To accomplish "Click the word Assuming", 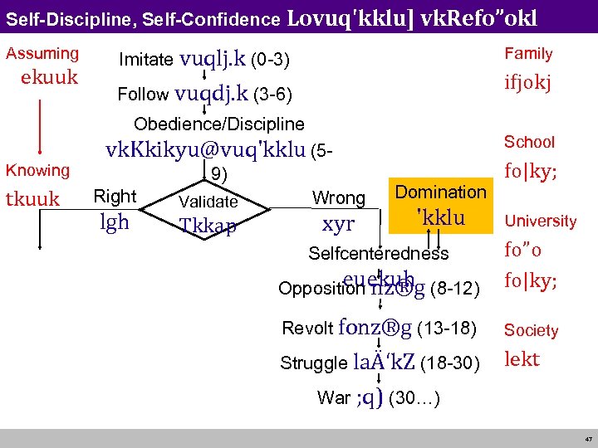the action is pyautogui.click(x=42, y=54).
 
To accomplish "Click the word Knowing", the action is pyautogui.click(x=37, y=170).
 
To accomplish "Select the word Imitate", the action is pyautogui.click(x=146, y=60).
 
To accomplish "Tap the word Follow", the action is pyautogui.click(x=143, y=95).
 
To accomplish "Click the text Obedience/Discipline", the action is pyautogui.click(x=219, y=124).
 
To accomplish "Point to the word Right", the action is pyautogui.click(x=115, y=197).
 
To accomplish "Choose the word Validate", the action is pyautogui.click(x=208, y=202).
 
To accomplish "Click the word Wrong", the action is pyautogui.click(x=338, y=198).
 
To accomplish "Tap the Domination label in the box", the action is pyautogui.click(x=440, y=192).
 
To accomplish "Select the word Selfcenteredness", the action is pyautogui.click(x=378, y=254).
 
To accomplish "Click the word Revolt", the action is pyautogui.click(x=307, y=329).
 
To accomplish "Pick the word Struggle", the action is pyautogui.click(x=314, y=363).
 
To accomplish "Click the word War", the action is pyautogui.click(x=334, y=397).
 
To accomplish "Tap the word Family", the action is pyautogui.click(x=528, y=54).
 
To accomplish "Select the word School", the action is pyautogui.click(x=529, y=142).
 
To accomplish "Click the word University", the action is pyautogui.click(x=540, y=222).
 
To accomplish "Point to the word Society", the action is pyautogui.click(x=532, y=330).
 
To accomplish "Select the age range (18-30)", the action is pyautogui.click(x=448, y=363).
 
